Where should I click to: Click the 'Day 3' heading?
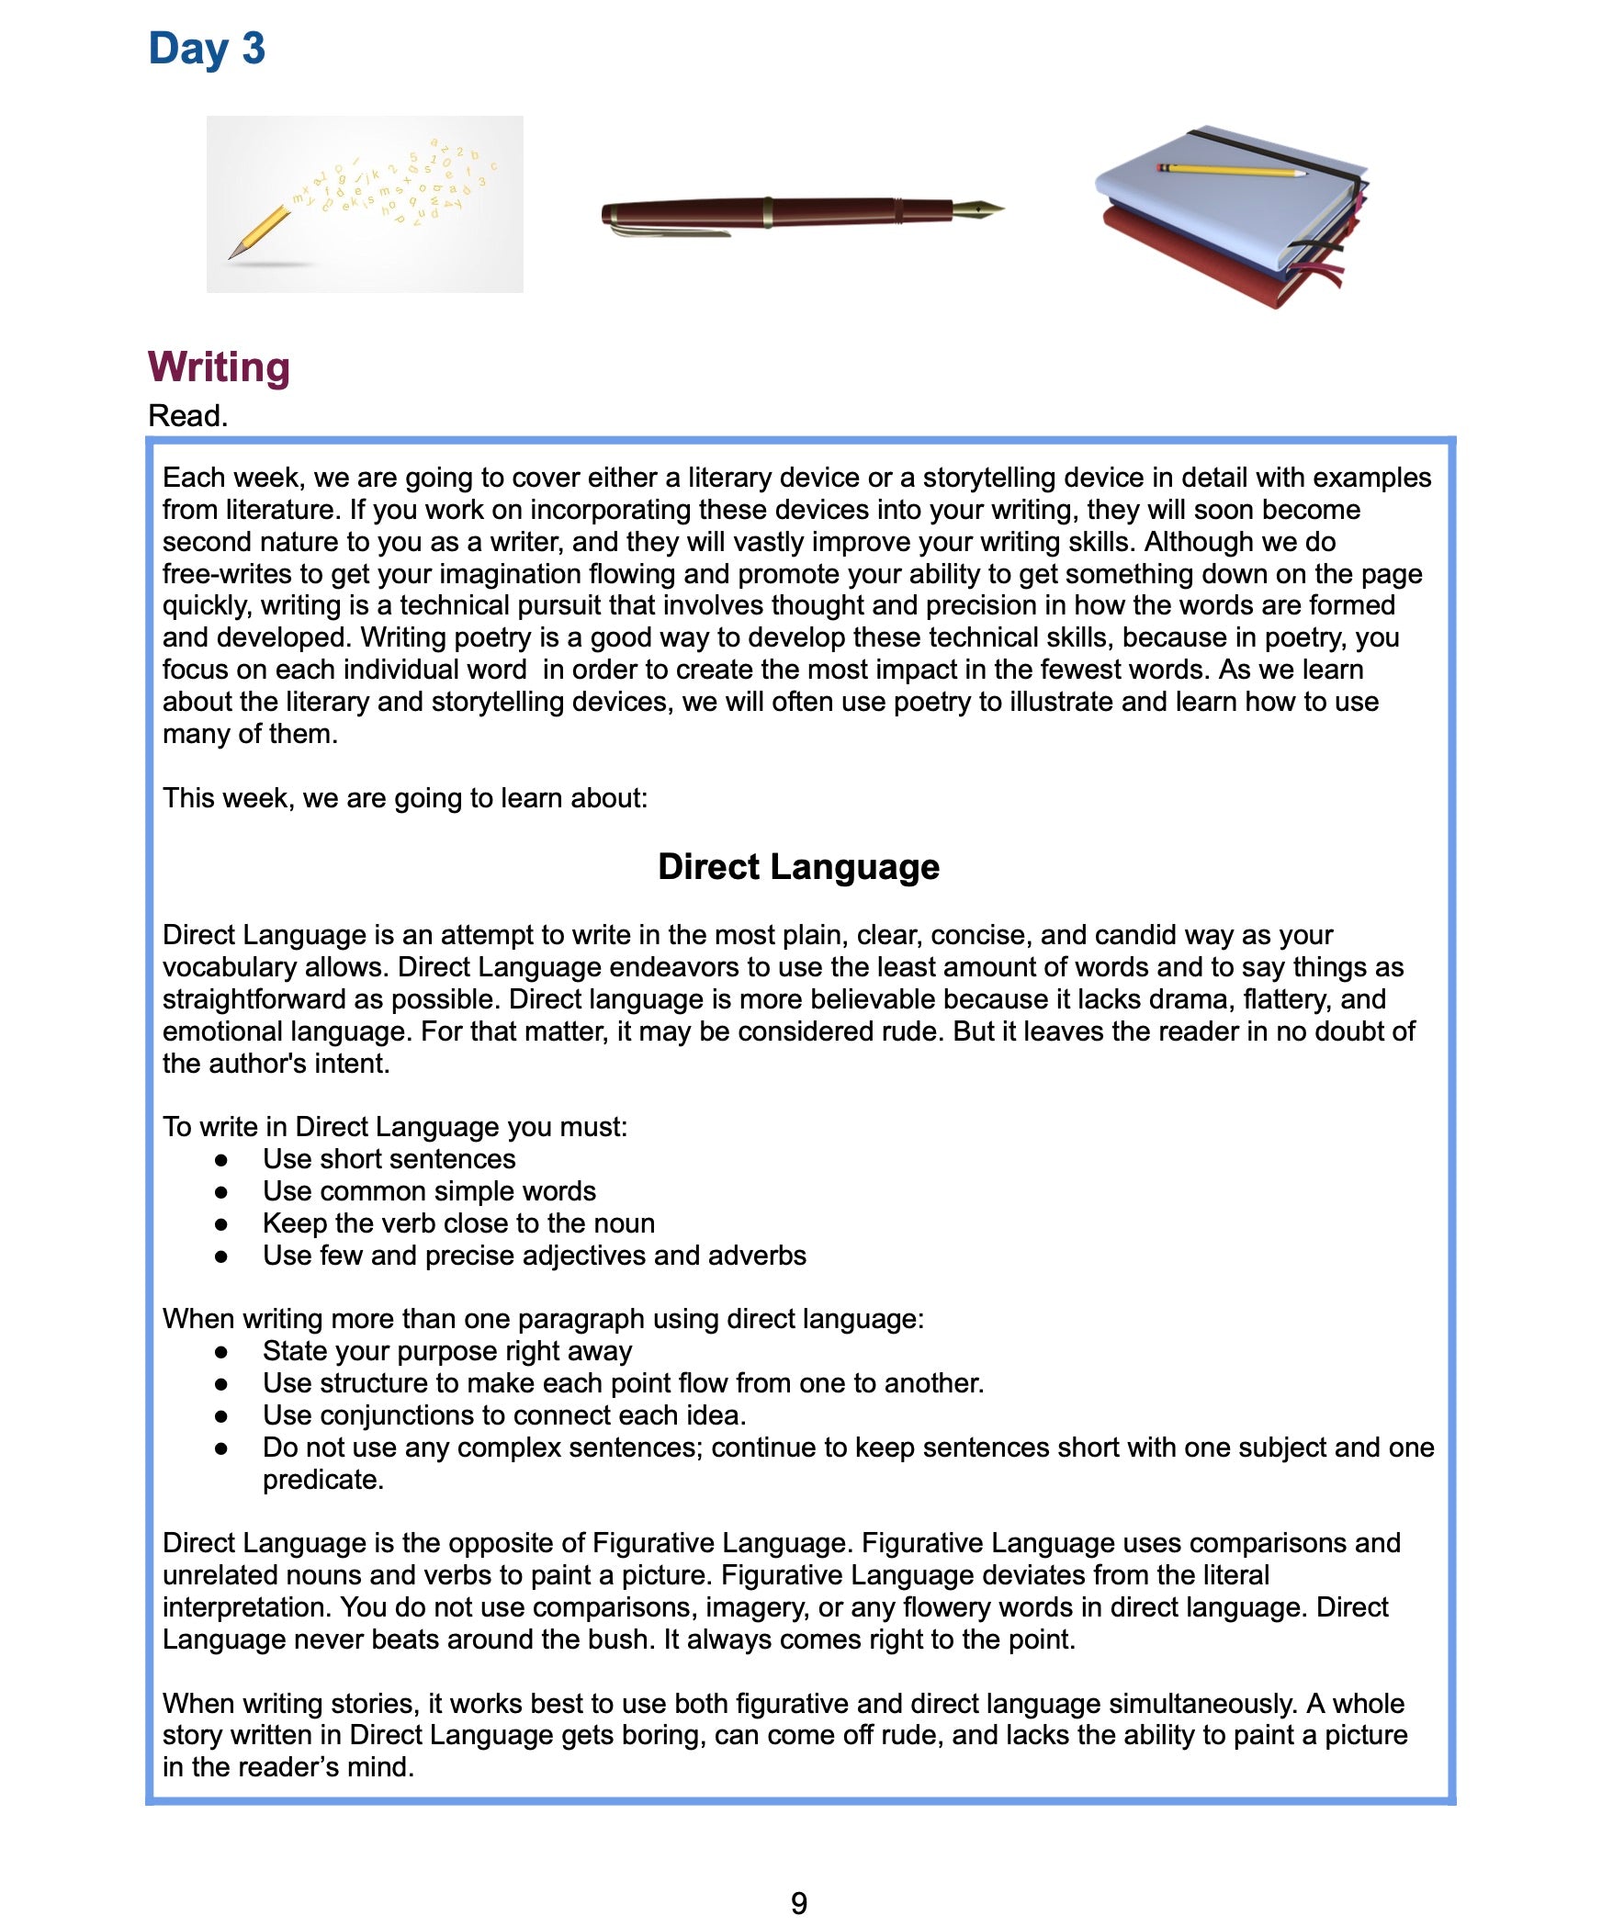[x=207, y=49]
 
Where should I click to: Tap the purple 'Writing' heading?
[x=219, y=366]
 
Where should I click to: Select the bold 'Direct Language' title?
[x=798, y=866]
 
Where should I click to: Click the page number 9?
[x=798, y=1902]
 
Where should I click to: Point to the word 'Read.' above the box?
[x=187, y=416]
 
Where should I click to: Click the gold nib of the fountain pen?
[x=979, y=209]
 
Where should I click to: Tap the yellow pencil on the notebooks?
[x=1231, y=170]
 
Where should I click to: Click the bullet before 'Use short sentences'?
[x=220, y=1160]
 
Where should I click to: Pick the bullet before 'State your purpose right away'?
[x=220, y=1352]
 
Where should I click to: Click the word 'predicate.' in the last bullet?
[x=322, y=1480]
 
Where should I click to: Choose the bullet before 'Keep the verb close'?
[x=220, y=1224]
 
